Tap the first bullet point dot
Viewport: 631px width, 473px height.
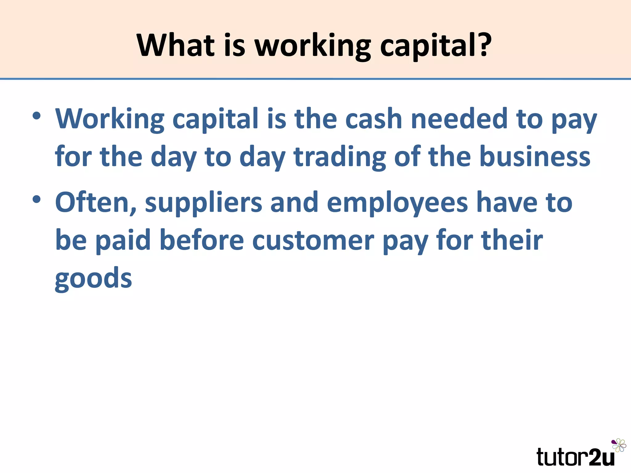pyautogui.click(x=36, y=116)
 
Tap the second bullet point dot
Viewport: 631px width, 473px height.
pyautogui.click(x=36, y=200)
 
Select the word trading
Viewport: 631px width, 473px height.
pyautogui.click(x=340, y=157)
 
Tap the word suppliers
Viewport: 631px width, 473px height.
pyautogui.click(x=203, y=203)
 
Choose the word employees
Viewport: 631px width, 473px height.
pyautogui.click(x=397, y=203)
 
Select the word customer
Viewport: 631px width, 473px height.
pyautogui.click(x=313, y=241)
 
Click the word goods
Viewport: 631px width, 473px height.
pyautogui.click(x=93, y=279)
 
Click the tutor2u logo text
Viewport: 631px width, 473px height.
pyautogui.click(x=575, y=457)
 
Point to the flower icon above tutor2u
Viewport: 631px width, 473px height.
pyautogui.click(x=619, y=445)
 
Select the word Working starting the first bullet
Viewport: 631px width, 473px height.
pyautogui.click(x=110, y=119)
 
